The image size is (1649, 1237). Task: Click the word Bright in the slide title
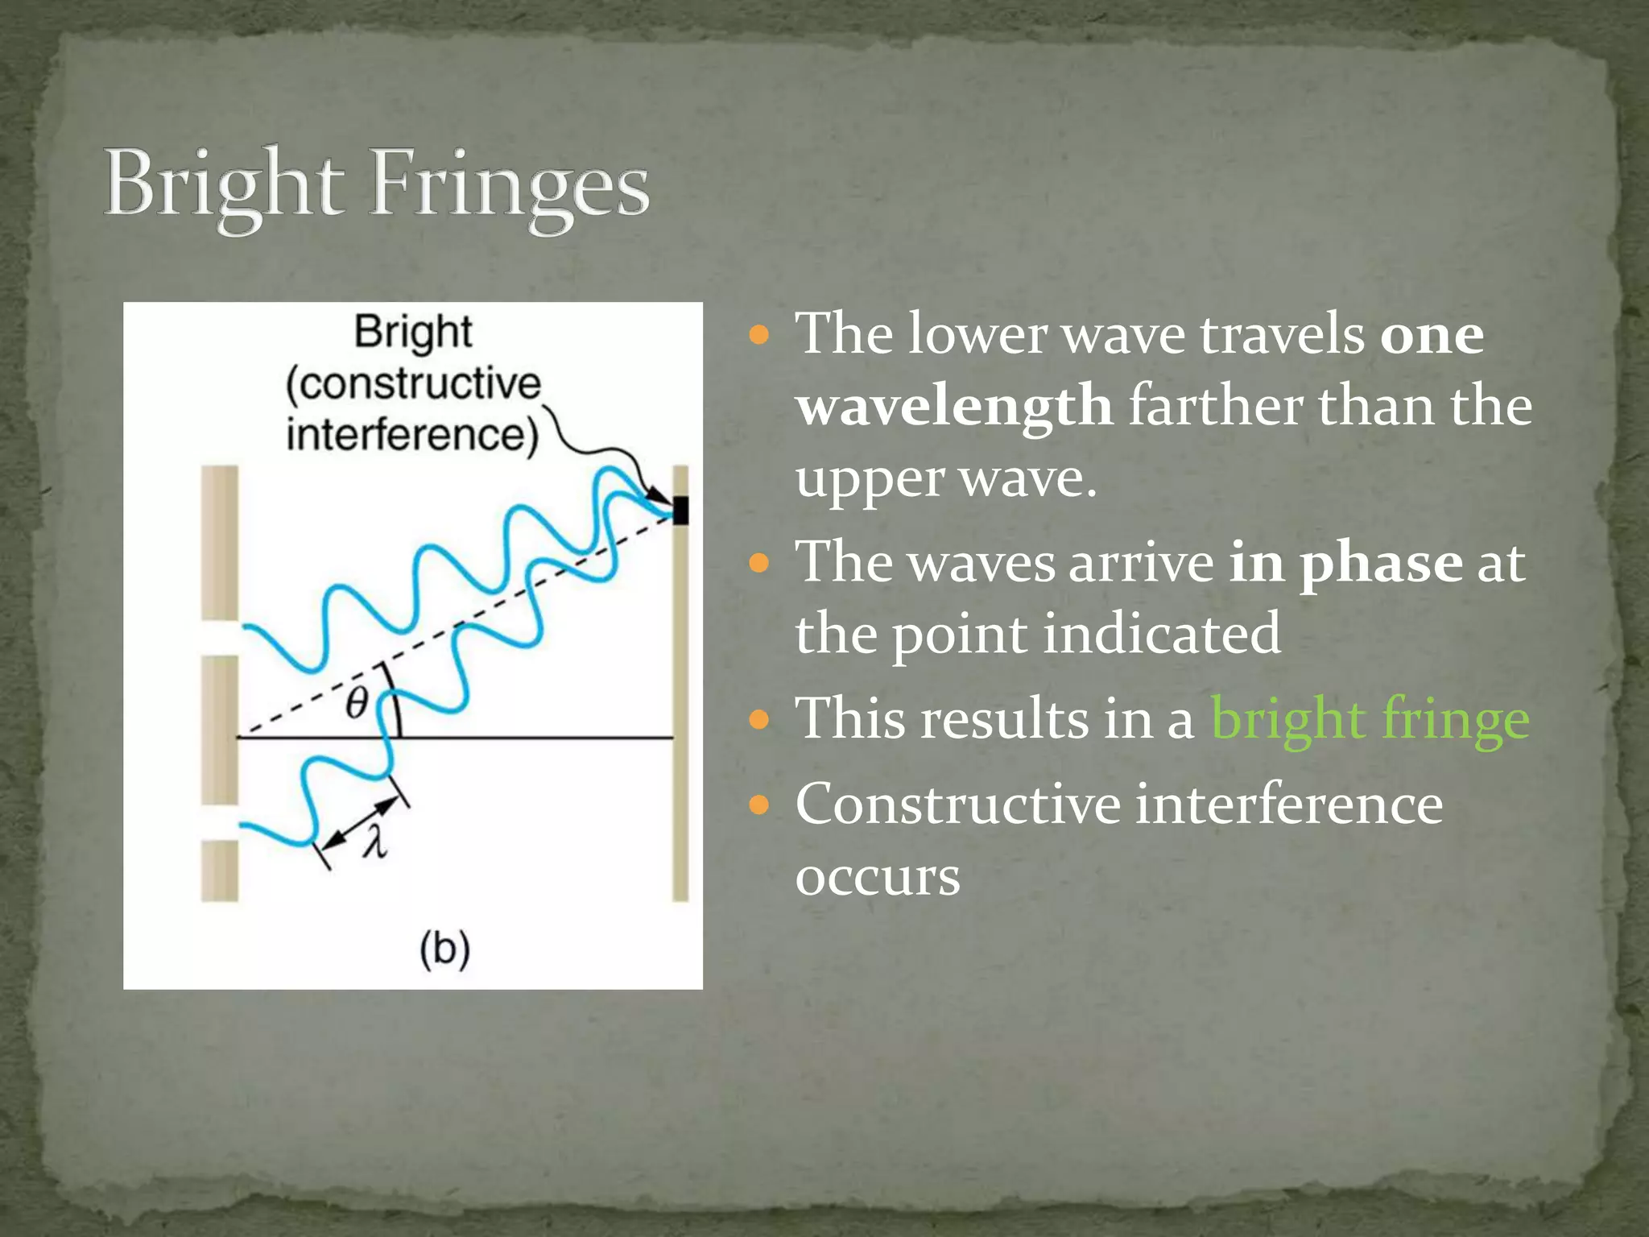224,185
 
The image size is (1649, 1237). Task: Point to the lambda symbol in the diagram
374,842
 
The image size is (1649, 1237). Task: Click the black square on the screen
680,511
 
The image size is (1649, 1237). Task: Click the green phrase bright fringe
1370,718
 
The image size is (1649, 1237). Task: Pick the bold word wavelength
955,405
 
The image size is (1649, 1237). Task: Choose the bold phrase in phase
1345,561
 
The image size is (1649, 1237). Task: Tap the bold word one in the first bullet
1432,333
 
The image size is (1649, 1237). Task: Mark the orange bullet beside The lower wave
758,333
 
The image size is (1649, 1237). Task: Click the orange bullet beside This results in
758,718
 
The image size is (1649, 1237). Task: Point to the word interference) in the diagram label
412,435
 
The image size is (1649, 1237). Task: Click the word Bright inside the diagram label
413,332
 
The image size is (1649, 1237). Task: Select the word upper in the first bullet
870,478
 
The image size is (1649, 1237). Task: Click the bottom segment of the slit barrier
220,871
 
